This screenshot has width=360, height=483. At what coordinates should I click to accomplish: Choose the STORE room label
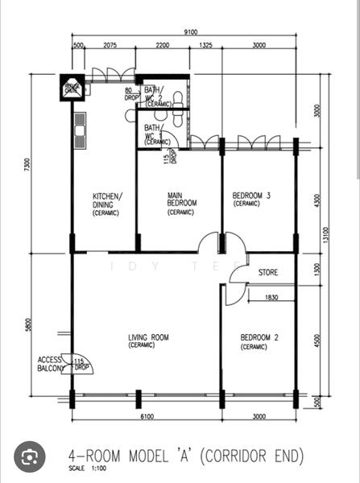click(x=268, y=273)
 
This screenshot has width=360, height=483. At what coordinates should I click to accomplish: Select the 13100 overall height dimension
click(x=349, y=233)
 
